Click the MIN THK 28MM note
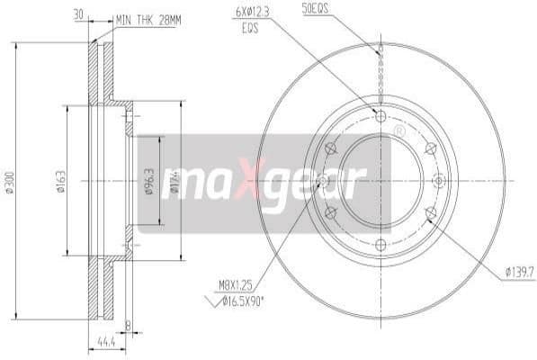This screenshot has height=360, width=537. [x=149, y=17]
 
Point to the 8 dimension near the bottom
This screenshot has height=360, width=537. [x=129, y=326]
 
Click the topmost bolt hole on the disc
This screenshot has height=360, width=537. [x=380, y=116]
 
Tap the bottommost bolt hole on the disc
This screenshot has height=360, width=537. [x=380, y=245]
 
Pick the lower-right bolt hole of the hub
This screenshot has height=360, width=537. [x=430, y=213]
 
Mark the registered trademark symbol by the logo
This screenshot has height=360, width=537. [x=398, y=131]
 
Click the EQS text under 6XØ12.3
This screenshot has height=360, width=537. [x=249, y=27]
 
